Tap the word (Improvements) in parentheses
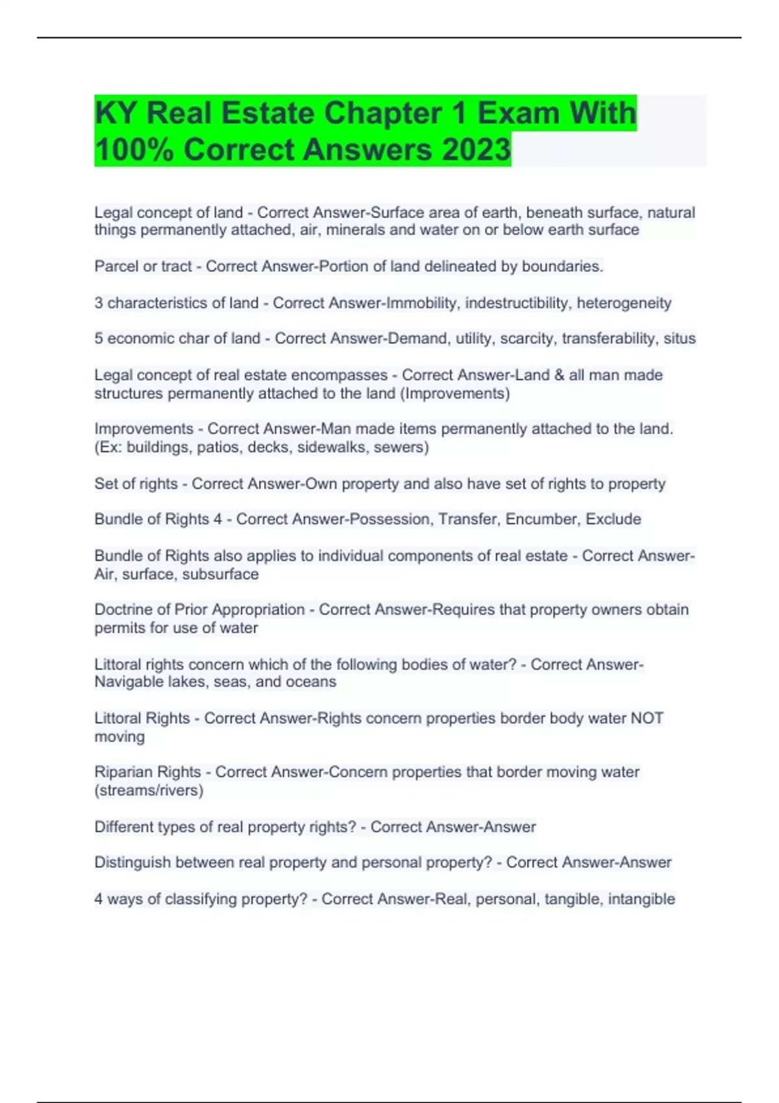pos(455,393)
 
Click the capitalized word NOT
pos(647,718)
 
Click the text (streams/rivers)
pos(149,790)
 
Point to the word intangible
pos(641,899)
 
